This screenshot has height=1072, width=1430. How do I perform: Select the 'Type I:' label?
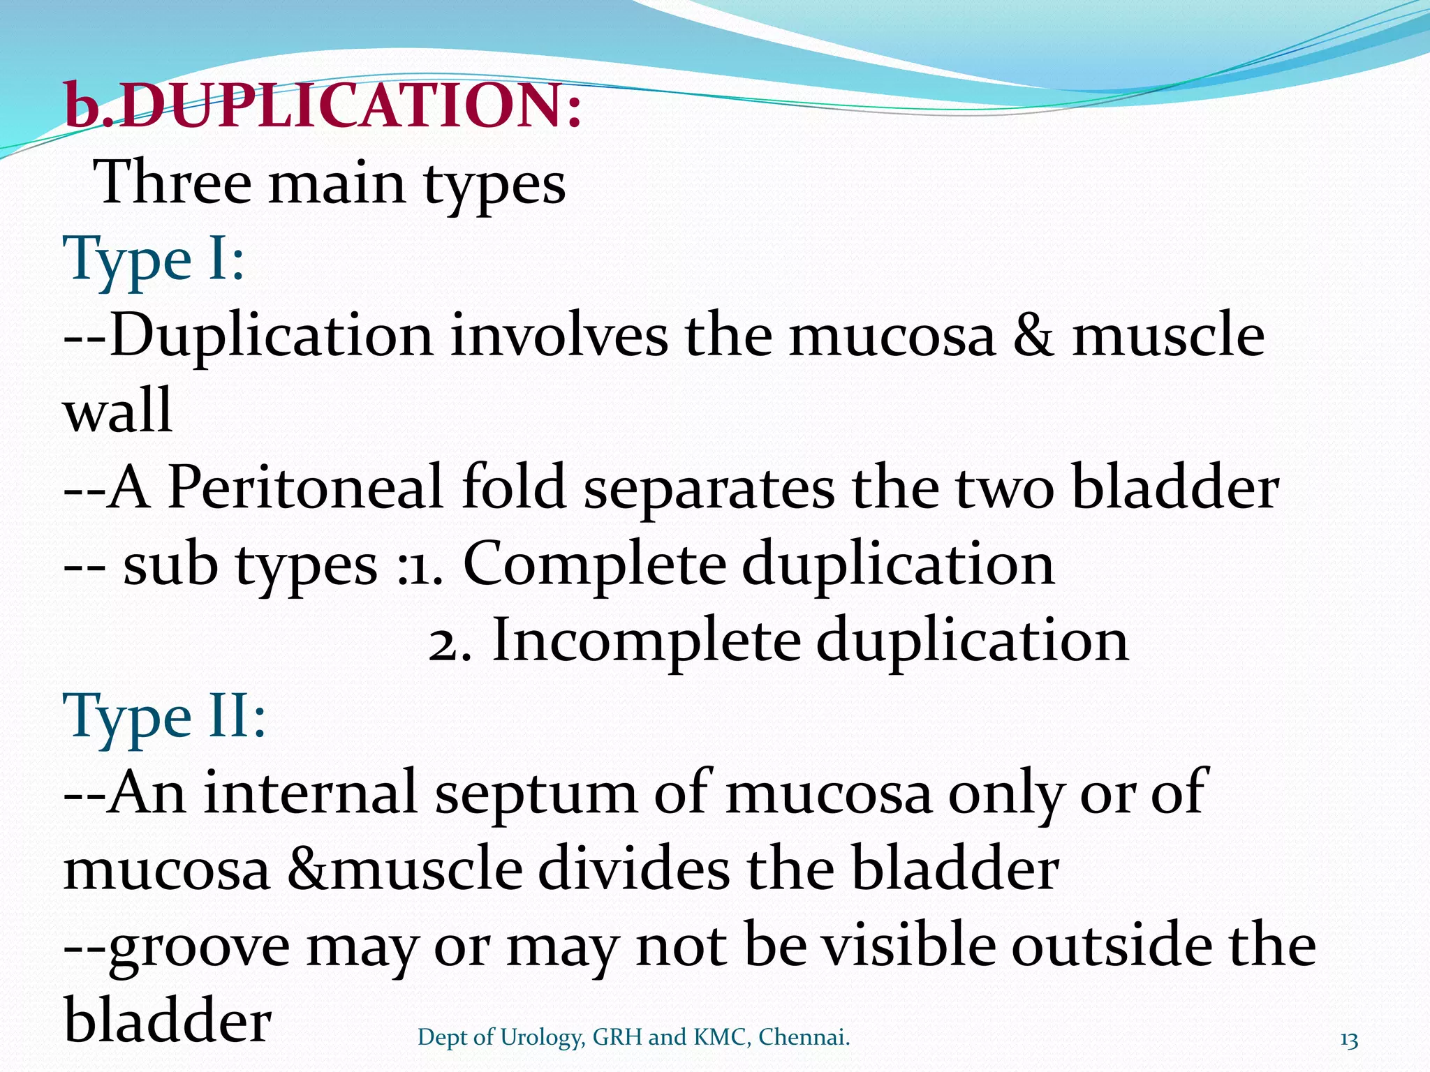(154, 258)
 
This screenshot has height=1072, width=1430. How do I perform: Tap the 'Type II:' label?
(165, 716)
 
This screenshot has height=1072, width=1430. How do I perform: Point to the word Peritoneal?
(305, 487)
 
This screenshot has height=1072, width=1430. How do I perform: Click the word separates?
(709, 489)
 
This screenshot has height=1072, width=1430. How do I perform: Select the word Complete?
(594, 564)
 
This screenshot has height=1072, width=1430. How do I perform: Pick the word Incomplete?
(646, 641)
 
